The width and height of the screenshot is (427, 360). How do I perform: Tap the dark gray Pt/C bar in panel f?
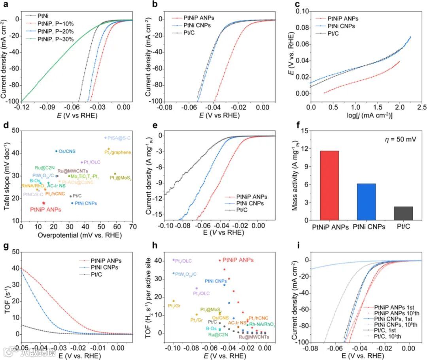403,213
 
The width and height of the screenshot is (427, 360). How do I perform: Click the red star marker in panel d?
43,203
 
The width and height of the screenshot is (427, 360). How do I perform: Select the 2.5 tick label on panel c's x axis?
421,108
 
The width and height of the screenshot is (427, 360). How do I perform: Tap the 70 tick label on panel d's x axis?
133,227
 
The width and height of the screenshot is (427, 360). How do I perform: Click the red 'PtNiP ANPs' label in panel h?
238,260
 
